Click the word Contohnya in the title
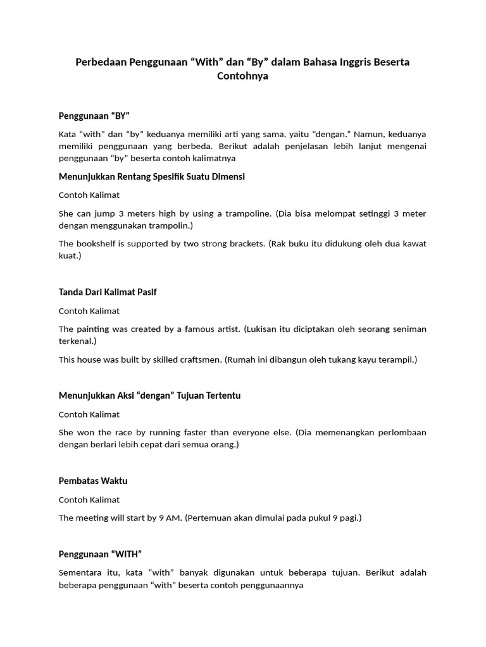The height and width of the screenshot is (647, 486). point(243,76)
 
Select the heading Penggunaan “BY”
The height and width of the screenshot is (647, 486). point(94,116)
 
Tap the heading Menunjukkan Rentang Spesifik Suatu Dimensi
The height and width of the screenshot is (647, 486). point(151,176)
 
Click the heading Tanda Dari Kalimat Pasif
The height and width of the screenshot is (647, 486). point(107,292)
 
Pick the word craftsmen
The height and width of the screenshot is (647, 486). point(194,360)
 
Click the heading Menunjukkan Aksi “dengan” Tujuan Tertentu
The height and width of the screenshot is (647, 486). point(149,396)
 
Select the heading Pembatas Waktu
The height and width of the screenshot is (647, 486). point(93,481)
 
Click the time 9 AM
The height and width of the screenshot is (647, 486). point(169,518)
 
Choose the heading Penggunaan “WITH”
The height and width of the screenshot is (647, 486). point(100,554)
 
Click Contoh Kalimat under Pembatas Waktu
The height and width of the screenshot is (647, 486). point(89,500)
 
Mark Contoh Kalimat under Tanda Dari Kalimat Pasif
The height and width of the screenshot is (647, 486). point(89,311)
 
